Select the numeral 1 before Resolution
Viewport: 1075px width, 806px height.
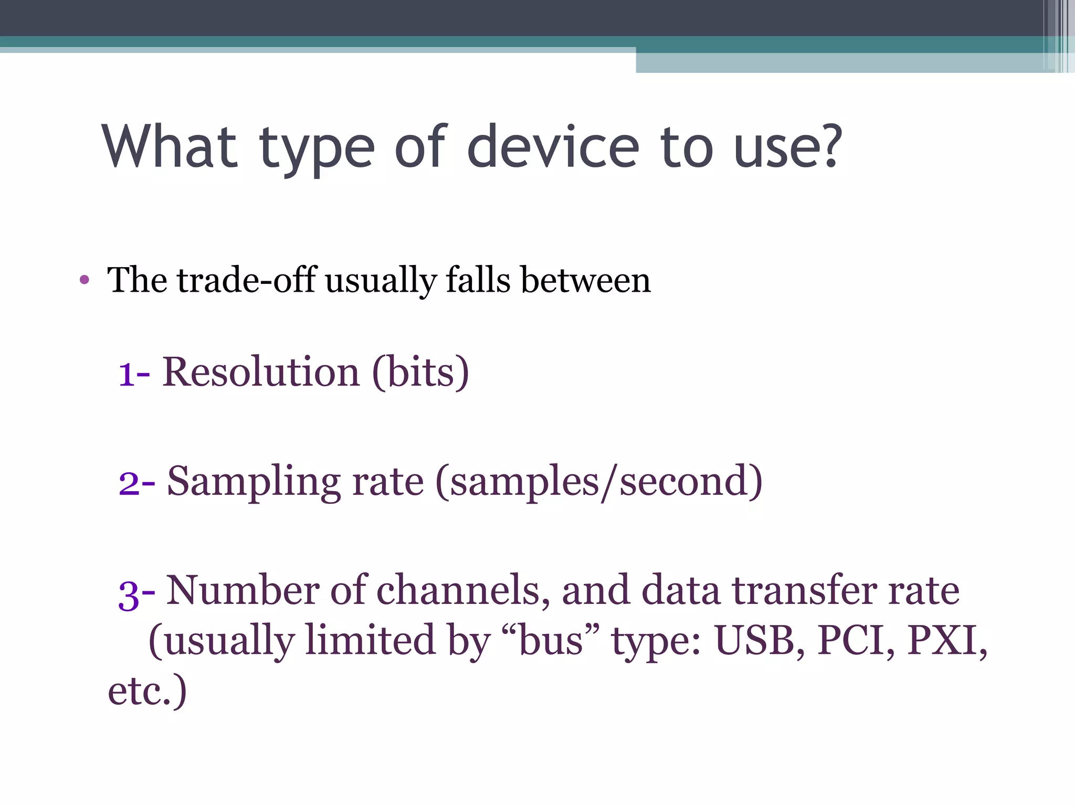coord(127,374)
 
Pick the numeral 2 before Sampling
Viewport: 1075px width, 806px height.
coord(129,482)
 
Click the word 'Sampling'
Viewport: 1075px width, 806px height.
coord(254,481)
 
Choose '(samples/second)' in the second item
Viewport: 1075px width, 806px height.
coord(599,481)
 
